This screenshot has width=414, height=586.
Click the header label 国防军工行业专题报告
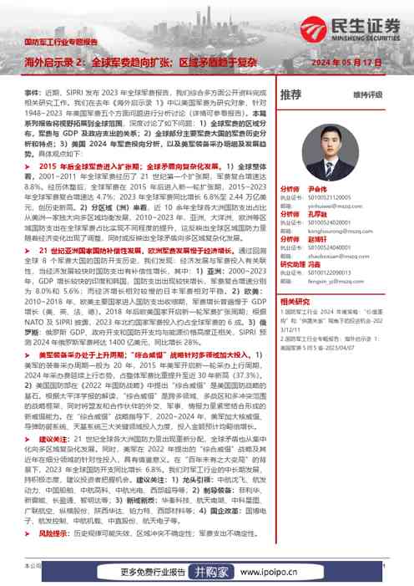pos(62,40)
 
